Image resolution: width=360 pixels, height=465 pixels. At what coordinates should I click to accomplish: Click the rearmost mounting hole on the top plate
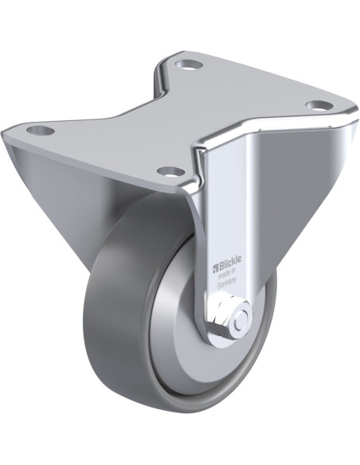coord(188,64)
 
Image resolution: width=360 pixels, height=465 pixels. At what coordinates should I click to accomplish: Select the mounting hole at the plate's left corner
coord(41,130)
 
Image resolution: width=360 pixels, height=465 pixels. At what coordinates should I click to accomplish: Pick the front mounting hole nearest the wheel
coord(167,170)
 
